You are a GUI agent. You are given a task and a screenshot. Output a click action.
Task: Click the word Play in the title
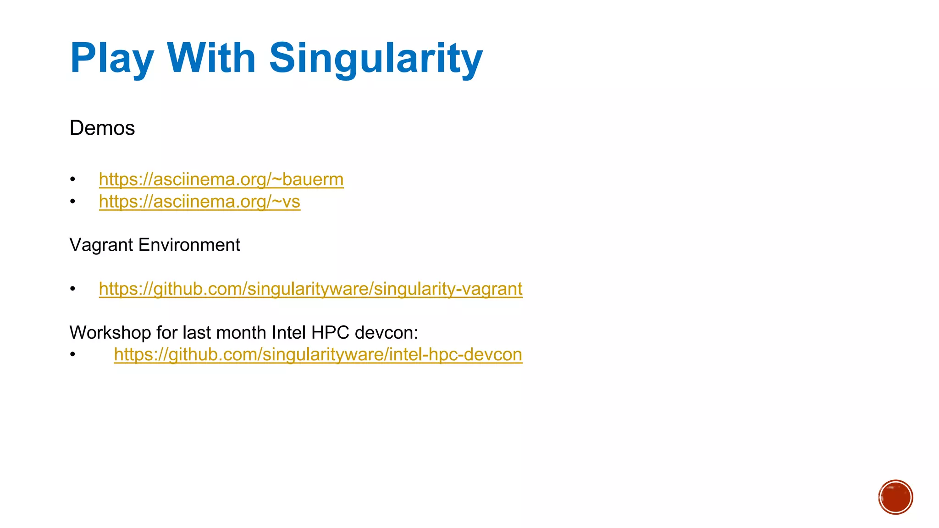coord(112,58)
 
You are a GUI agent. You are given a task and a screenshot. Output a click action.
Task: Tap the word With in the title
coord(211,58)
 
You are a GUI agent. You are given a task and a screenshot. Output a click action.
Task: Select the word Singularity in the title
coord(376,58)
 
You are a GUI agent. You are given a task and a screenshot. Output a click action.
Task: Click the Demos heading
coord(102,128)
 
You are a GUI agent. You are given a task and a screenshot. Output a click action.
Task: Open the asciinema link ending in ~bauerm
coord(221,179)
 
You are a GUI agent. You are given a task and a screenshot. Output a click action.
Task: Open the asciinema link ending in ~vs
coord(199,202)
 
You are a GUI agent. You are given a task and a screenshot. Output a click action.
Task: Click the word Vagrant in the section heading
coord(101,245)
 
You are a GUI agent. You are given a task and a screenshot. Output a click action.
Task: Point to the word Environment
coord(189,245)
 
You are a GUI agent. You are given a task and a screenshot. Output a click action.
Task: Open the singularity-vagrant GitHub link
coord(310,289)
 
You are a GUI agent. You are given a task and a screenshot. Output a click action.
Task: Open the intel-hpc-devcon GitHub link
coord(318,354)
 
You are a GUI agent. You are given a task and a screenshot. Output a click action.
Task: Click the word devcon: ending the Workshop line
coord(387,332)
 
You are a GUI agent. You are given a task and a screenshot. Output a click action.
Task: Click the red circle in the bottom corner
coord(895,497)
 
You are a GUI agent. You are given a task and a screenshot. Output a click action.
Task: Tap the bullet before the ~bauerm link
coord(72,179)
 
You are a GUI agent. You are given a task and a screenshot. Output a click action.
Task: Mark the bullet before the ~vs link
coord(72,202)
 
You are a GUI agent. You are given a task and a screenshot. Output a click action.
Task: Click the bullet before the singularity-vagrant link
coord(72,289)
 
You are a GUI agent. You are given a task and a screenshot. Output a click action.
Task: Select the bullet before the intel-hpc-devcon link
coord(72,354)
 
